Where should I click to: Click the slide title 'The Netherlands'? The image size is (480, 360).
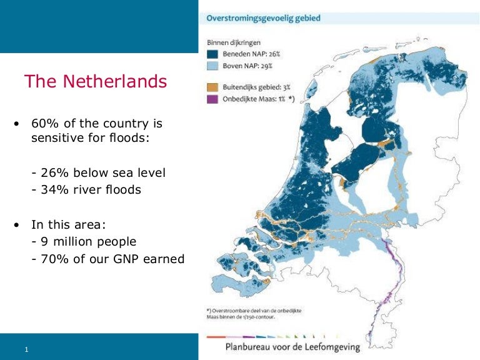[95, 82]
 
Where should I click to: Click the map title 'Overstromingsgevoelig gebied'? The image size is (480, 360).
[263, 18]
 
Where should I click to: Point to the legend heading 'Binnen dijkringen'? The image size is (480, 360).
[236, 43]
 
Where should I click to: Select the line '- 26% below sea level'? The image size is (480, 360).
[98, 172]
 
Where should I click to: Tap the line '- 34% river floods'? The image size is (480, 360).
[86, 189]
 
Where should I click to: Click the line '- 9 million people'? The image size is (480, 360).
[83, 241]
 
